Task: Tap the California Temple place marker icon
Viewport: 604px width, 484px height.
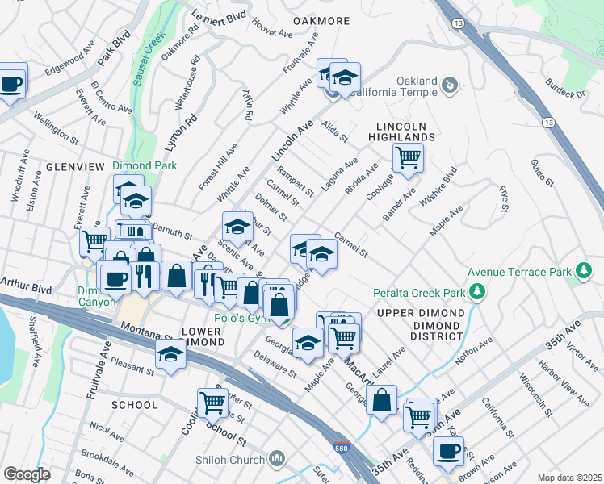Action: point(450,83)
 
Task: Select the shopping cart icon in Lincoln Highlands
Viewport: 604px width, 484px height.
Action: point(408,157)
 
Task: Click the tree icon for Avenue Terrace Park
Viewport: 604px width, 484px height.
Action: point(584,271)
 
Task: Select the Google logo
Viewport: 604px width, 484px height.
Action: point(27,474)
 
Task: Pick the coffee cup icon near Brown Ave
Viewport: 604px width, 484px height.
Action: point(448,451)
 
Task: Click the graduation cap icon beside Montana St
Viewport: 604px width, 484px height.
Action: point(171,354)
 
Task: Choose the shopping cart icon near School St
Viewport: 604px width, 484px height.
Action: point(212,402)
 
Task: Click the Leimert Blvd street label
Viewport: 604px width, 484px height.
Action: point(218,16)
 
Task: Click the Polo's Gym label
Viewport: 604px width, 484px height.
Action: point(241,318)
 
